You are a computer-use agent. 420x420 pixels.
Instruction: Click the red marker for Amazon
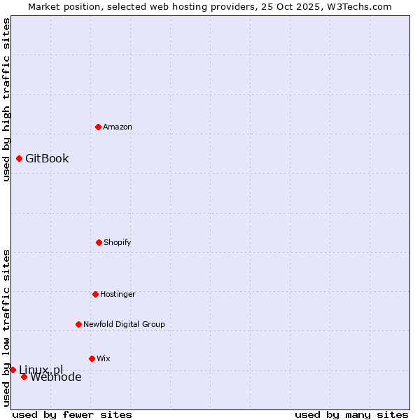point(98,127)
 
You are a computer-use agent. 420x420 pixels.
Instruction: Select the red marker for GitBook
point(19,158)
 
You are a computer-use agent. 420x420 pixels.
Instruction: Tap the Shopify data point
point(99,242)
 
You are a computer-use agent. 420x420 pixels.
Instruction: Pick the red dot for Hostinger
point(95,294)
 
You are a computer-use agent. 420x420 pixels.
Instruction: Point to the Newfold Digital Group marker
point(78,324)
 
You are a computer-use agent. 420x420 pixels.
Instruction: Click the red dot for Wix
point(92,358)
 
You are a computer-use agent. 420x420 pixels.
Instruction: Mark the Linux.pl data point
point(13,370)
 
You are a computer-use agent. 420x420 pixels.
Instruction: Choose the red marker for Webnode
point(24,377)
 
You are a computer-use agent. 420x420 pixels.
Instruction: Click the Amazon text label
point(118,127)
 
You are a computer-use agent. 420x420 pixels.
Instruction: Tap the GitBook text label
point(47,158)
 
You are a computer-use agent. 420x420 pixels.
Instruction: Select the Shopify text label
point(118,242)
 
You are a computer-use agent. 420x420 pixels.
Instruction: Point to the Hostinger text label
point(118,294)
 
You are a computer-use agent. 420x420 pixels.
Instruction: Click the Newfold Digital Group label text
point(124,324)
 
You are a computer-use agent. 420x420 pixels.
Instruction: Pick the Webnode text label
point(56,377)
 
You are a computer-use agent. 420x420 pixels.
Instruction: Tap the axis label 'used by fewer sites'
point(72,414)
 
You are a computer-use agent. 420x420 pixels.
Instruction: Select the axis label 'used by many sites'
point(351,414)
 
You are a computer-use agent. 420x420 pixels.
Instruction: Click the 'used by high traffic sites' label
point(6,99)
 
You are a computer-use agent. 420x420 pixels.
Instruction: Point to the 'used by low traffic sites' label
point(6,328)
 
